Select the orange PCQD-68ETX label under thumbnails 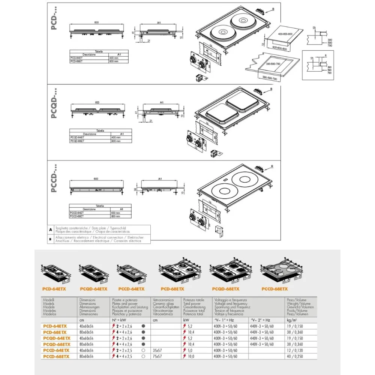point(226,289)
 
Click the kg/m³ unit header point(292,320)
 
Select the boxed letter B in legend point(51,238)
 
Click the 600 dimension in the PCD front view point(97,22)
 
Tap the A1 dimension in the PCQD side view point(162,102)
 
